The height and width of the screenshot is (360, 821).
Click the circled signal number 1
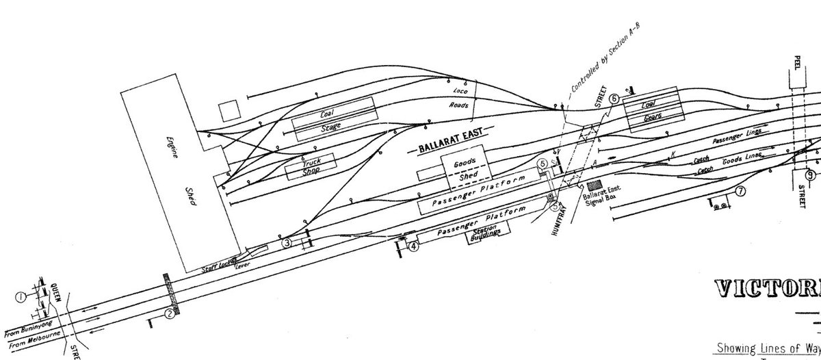[x=21, y=296]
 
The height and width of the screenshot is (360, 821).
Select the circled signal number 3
[x=287, y=242]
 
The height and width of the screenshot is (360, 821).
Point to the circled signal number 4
[x=414, y=246]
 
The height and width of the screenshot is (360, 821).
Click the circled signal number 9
[x=809, y=174]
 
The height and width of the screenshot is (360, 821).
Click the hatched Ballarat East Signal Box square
[x=592, y=186]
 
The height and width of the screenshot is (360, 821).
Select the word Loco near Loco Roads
[x=458, y=92]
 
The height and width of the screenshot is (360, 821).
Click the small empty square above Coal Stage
[x=230, y=110]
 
